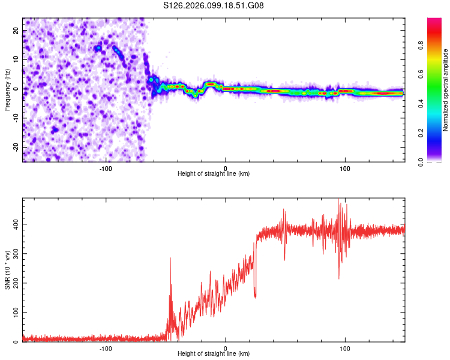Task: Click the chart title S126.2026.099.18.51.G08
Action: (x=214, y=5)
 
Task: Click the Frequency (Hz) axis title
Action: (x=7, y=90)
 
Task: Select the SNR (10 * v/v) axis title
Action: (x=7, y=271)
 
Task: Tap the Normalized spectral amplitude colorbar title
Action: (x=445, y=90)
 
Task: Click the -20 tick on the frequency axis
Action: (x=14, y=147)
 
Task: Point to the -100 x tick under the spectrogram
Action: (x=106, y=169)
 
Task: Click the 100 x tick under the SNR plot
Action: (x=344, y=349)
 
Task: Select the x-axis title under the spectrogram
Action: (x=214, y=174)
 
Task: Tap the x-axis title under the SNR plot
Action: (x=214, y=354)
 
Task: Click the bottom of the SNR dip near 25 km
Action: (x=256, y=297)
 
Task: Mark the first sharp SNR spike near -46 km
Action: (x=170, y=259)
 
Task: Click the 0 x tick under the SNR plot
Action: (x=226, y=349)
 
